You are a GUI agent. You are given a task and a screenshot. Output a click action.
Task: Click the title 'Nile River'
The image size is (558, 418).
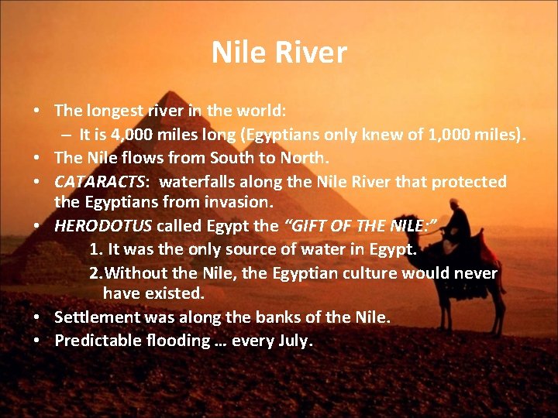[x=279, y=53]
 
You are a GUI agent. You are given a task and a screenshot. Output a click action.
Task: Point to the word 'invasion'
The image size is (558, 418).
[x=240, y=202]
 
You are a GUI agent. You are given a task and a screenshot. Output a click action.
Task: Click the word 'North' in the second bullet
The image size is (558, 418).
[x=305, y=158]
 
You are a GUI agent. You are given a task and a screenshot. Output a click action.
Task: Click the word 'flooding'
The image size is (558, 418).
[x=178, y=341]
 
